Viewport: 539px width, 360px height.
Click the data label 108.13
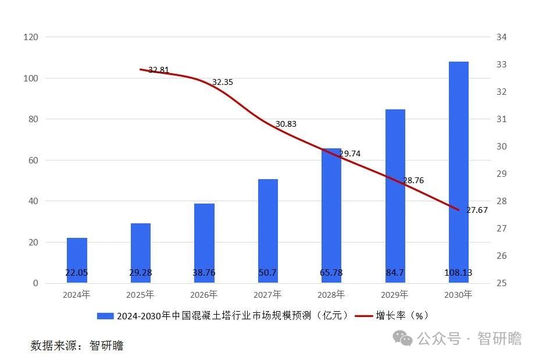click(x=459, y=272)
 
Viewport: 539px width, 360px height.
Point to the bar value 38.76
click(x=204, y=272)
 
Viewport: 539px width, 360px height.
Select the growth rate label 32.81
click(x=159, y=70)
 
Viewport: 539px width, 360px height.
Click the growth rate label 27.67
click(x=477, y=210)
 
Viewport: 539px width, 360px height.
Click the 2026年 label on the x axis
click(x=204, y=295)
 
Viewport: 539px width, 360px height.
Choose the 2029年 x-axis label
click(x=395, y=295)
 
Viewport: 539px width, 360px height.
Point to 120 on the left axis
click(x=30, y=37)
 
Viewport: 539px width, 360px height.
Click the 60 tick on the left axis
click(x=33, y=161)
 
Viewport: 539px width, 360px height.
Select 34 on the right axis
click(x=501, y=37)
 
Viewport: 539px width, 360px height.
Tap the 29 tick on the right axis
click(x=501, y=174)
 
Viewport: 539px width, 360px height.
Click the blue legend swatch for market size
click(x=105, y=316)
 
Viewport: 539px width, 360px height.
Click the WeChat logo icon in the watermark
click(x=402, y=338)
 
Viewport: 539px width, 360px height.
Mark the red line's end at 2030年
click(x=459, y=210)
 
